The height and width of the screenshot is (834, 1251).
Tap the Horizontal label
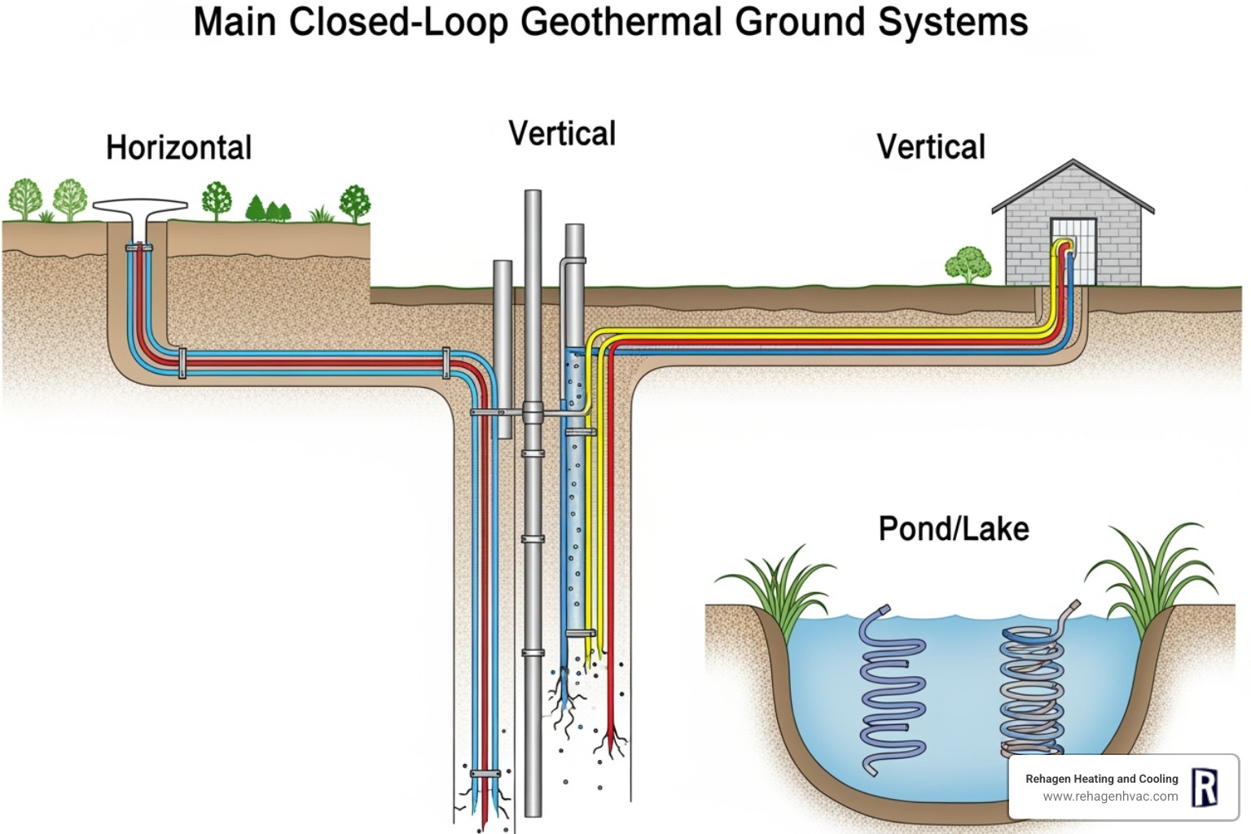click(178, 148)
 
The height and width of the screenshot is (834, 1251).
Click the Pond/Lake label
click(953, 529)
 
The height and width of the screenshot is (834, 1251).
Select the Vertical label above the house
click(930, 147)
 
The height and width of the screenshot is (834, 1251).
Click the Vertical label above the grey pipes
click(562, 134)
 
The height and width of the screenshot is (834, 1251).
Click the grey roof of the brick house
click(1073, 186)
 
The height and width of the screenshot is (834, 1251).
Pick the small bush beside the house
click(968, 264)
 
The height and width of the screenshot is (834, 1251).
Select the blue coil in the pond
click(891, 692)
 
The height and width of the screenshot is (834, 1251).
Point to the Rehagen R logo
click(1204, 788)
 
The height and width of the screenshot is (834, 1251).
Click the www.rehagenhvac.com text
click(1110, 797)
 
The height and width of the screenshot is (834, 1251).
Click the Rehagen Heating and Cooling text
click(1101, 779)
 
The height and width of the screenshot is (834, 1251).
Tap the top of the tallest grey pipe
click(533, 195)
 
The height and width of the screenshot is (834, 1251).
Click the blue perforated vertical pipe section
click(575, 505)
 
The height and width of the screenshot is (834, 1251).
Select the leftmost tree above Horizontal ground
click(24, 198)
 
